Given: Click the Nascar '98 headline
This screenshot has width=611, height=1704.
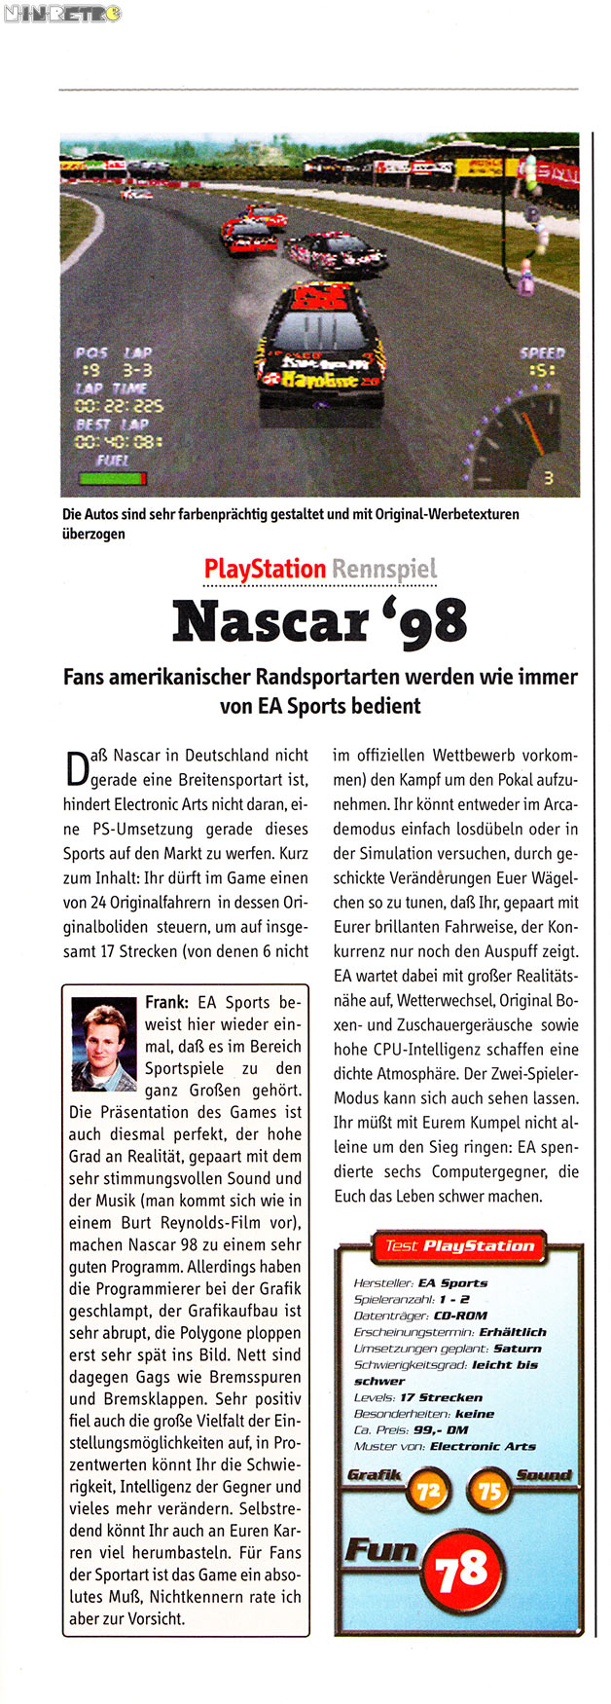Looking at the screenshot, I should (319, 621).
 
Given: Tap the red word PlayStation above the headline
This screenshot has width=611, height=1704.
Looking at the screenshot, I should (265, 569).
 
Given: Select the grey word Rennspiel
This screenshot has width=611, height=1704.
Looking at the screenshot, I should (383, 569).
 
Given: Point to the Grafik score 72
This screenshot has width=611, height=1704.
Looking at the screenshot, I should (428, 1491).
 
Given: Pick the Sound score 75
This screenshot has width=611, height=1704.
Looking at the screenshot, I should (489, 1491).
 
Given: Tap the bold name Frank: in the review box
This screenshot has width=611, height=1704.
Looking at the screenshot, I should (166, 1002).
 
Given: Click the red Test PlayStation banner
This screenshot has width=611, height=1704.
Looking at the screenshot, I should (458, 1245).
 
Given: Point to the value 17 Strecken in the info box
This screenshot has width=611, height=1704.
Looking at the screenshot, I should (441, 1397).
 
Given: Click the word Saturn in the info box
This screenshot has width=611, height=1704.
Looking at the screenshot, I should (517, 1349).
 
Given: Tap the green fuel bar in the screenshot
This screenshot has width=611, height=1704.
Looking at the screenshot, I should (112, 478).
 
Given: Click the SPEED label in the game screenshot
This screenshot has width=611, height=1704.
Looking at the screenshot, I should (542, 353).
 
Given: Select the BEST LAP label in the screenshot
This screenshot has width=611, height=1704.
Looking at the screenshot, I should (112, 425).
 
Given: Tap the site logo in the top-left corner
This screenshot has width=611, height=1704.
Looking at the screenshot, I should (61, 14).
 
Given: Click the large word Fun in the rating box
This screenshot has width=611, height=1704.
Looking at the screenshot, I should (380, 1549).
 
